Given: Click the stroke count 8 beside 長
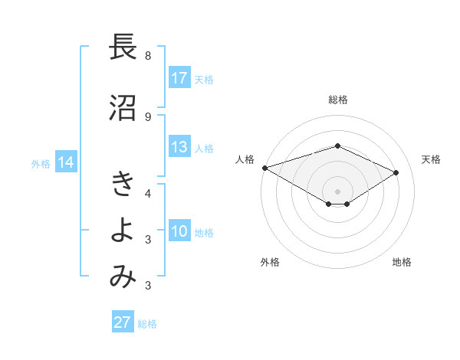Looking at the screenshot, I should click(x=147, y=56).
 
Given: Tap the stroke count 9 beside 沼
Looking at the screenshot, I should click(x=147, y=116).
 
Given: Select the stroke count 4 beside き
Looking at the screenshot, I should click(x=147, y=193).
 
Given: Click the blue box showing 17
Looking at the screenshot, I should click(x=179, y=78).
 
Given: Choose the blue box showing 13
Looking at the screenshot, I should click(x=179, y=148).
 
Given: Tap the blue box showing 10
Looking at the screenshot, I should click(x=179, y=232).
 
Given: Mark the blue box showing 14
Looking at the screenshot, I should click(x=65, y=162).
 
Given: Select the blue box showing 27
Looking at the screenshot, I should click(x=122, y=322).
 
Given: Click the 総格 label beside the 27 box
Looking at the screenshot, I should click(x=147, y=324).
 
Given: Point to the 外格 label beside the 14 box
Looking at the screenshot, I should click(x=41, y=164).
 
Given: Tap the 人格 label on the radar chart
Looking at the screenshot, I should click(x=245, y=159).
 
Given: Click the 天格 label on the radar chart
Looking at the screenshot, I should click(x=432, y=159).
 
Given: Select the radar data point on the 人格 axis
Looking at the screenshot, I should click(x=264, y=168).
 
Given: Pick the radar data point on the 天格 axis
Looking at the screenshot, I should click(x=396, y=173).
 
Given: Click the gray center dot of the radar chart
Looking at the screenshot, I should click(x=337, y=191).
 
